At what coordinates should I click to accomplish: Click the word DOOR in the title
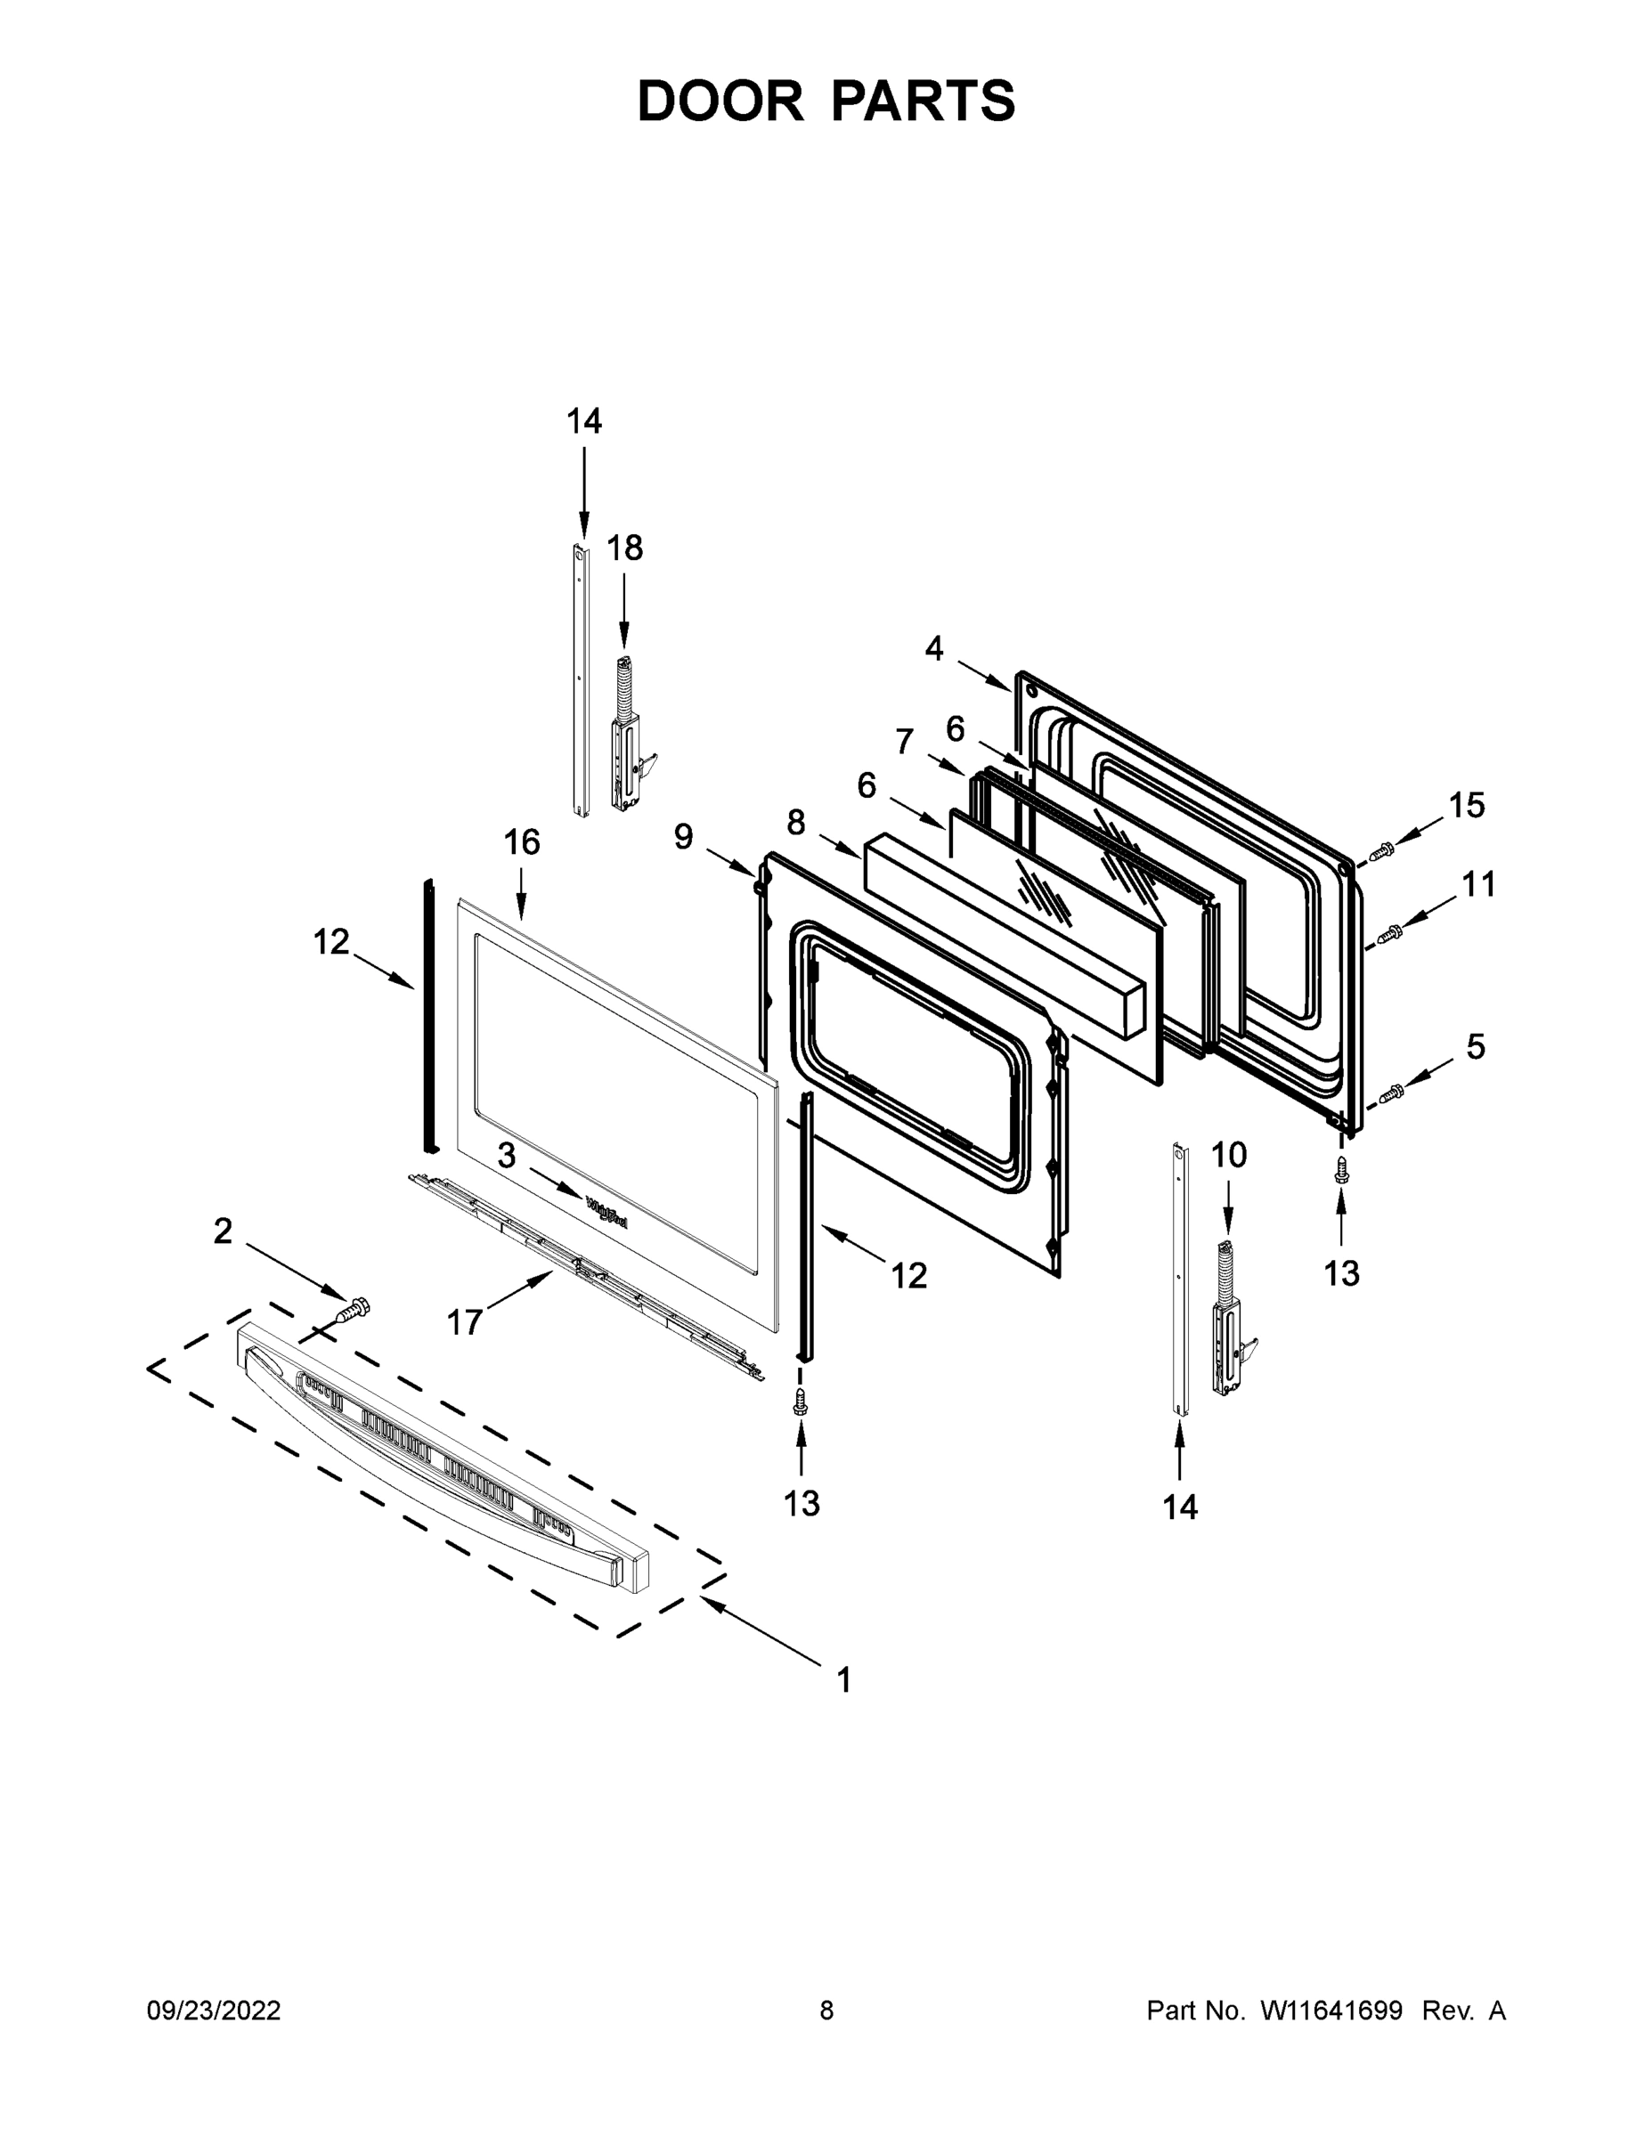point(719,101)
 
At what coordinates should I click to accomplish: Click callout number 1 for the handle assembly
point(843,1680)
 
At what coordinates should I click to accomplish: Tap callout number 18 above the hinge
point(624,548)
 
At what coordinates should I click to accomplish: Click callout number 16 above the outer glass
point(522,841)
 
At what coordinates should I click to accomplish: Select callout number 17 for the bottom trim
point(464,1323)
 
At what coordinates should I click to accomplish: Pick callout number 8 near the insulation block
point(795,822)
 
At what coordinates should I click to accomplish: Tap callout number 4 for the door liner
point(933,647)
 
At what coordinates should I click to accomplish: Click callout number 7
point(904,742)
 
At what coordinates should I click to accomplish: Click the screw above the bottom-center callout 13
point(801,1402)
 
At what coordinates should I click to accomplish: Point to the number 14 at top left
point(584,421)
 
